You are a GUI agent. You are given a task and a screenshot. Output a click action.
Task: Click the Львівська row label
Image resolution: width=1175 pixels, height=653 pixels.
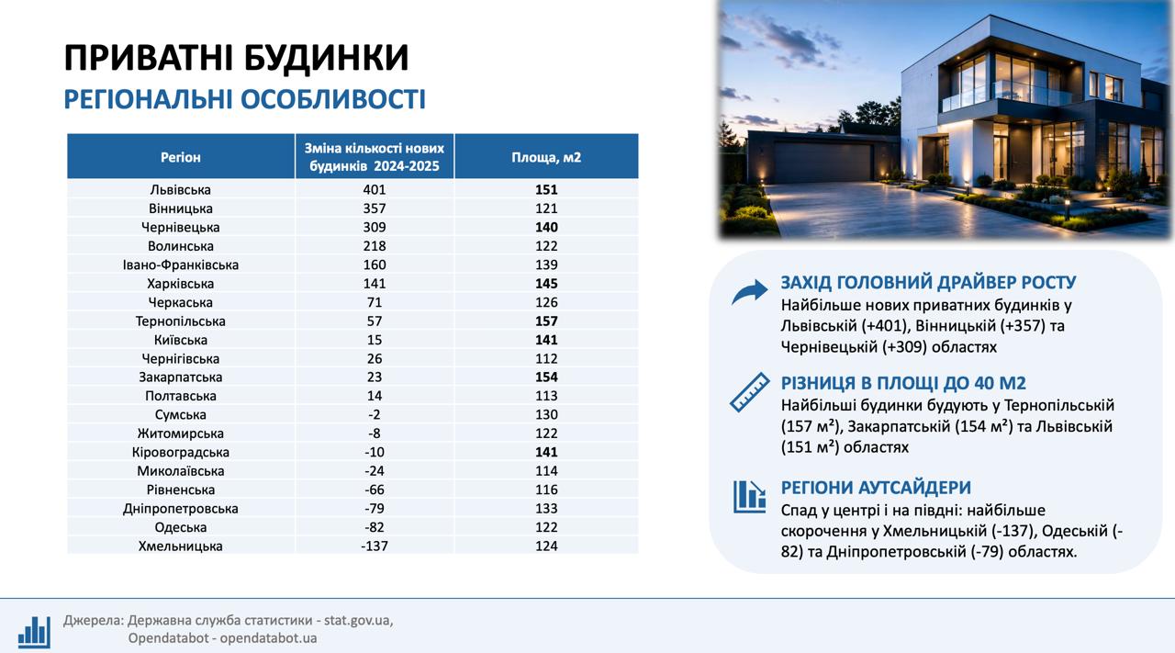181,189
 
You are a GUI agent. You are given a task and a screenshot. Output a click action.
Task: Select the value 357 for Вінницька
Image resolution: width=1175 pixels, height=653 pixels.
374,208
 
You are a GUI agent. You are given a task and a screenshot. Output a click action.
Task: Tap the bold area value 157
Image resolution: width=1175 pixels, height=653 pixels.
546,321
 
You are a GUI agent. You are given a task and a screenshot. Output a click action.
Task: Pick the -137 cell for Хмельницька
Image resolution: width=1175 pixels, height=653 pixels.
374,546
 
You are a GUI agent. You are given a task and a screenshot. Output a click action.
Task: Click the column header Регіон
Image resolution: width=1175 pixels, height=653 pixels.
181,157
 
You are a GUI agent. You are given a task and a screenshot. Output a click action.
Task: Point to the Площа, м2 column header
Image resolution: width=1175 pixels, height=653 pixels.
546,157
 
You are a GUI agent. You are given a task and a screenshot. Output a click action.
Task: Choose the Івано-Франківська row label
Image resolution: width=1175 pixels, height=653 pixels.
181,265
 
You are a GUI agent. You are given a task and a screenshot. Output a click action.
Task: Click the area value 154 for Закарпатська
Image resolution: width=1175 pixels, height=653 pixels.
546,377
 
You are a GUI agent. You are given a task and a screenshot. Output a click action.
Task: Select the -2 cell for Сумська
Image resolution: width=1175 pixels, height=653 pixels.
374,415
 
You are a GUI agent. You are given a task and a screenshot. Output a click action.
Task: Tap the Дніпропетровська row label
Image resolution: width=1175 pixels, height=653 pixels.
181,508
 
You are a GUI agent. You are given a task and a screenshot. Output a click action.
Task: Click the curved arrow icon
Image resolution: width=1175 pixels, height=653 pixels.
750,292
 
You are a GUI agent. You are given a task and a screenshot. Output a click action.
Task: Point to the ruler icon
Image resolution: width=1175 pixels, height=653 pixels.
750,392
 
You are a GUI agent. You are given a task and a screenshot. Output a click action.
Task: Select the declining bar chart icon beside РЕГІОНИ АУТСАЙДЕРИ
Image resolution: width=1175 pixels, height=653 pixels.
750,497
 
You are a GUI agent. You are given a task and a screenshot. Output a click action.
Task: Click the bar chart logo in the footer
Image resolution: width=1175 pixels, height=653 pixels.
35,632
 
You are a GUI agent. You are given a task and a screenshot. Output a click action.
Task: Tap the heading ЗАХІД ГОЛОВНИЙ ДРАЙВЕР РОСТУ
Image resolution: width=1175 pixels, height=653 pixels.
928,282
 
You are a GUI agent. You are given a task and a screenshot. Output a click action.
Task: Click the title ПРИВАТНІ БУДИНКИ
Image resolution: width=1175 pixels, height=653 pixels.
236,57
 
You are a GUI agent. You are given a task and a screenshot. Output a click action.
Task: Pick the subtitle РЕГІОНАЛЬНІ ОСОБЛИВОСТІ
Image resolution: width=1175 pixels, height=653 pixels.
244,99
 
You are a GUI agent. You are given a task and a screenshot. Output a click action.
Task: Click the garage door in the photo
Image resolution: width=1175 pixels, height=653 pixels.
822,162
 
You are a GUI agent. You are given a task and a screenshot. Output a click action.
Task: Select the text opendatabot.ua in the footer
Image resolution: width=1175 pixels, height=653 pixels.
269,638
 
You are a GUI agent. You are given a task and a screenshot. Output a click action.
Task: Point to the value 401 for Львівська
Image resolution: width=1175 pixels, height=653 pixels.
374,189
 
